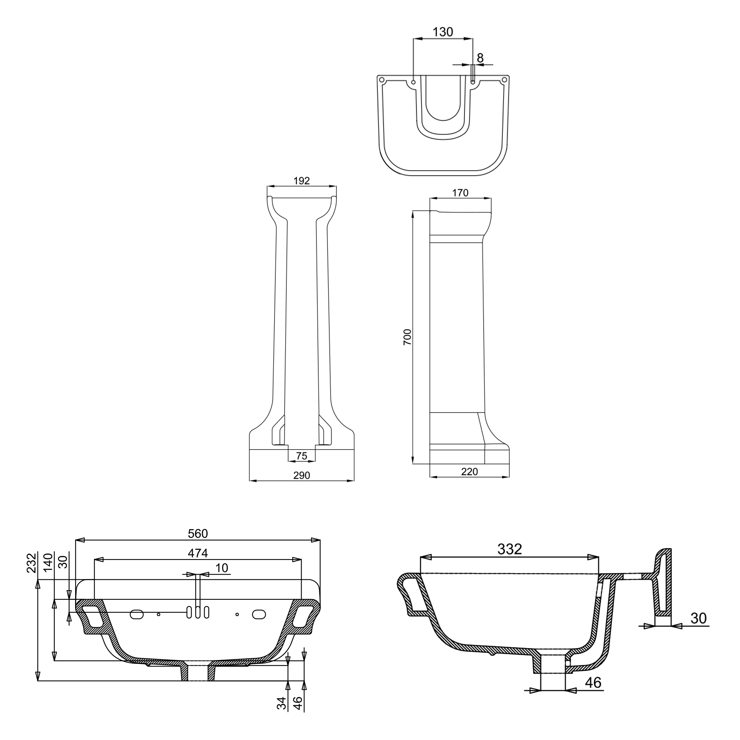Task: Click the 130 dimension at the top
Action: tap(443, 32)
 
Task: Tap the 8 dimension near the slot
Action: tap(480, 58)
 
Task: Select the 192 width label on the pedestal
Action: tap(302, 181)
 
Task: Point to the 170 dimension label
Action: tap(460, 193)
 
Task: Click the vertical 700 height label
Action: tap(407, 337)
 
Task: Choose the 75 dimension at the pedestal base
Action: tap(302, 456)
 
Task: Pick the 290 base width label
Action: tap(302, 475)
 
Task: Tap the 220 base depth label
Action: tap(469, 471)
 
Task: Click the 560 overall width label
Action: tap(198, 534)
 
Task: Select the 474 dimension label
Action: tap(198, 553)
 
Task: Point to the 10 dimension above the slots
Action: tap(222, 568)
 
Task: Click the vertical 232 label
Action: tap(31, 563)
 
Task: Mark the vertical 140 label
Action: tap(48, 563)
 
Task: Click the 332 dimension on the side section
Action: tap(509, 549)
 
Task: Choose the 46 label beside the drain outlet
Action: tap(593, 683)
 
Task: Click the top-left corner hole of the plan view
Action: tap(381, 80)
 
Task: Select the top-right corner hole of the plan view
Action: tap(504, 80)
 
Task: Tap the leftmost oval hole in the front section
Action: tap(137, 614)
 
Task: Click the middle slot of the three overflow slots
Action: tap(198, 612)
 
